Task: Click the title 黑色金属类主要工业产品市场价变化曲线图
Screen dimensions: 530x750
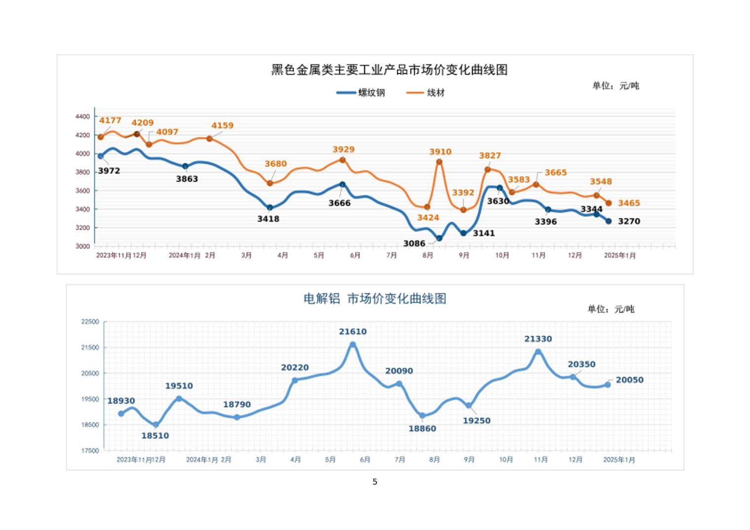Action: pos(389,70)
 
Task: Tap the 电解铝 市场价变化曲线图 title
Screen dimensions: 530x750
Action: pos(375,299)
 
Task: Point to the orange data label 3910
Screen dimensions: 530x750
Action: pos(440,152)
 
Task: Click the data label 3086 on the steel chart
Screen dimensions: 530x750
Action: pos(414,243)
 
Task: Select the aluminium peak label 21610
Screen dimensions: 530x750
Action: pos(353,332)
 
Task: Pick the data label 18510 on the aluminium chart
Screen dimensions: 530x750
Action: pos(155,436)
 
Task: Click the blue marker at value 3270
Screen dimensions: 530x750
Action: pos(608,222)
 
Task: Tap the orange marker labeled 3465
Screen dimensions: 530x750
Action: pos(608,203)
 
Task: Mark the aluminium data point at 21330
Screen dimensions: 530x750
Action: pos(538,352)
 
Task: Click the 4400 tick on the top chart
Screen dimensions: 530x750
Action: pos(83,116)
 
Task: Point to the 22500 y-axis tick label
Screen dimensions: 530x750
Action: pos(90,322)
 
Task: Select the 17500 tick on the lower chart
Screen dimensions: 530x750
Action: pos(90,451)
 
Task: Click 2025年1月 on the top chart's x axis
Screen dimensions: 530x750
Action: pos(620,256)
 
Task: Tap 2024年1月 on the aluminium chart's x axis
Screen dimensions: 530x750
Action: pos(202,460)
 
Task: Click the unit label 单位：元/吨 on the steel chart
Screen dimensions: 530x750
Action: pos(616,86)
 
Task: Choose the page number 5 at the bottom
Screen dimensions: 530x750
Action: pos(375,482)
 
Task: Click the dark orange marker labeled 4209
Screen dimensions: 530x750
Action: pos(137,134)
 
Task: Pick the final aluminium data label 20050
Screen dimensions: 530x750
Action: pos(630,380)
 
